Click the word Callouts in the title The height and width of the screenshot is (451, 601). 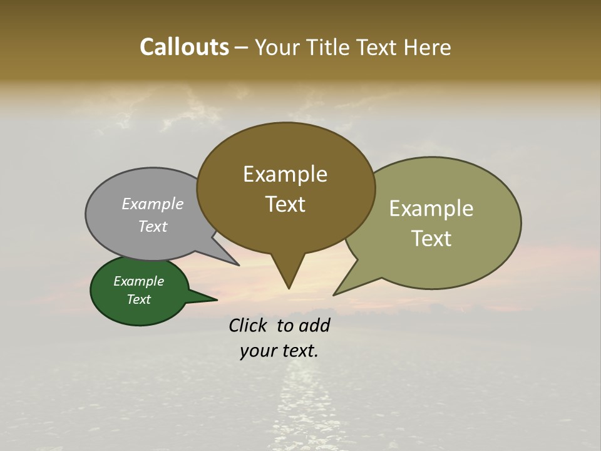click(184, 47)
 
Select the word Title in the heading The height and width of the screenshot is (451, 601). click(329, 47)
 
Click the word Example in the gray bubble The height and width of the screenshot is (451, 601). click(153, 204)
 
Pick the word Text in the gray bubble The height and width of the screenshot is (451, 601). click(153, 226)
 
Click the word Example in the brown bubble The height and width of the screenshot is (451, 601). click(285, 174)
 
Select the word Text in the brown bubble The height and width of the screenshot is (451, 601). click(285, 204)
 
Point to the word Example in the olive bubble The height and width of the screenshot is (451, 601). click(431, 209)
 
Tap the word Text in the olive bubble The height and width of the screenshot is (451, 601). click(431, 238)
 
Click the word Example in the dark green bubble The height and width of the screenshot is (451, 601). click(138, 281)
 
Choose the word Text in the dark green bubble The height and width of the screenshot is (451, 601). click(138, 299)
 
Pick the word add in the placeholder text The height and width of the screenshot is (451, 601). click(314, 325)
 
